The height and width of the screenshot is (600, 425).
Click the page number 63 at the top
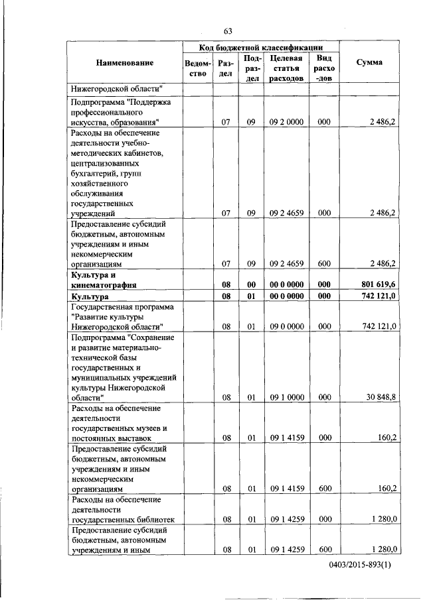pyautogui.click(x=227, y=31)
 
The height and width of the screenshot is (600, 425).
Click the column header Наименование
pyautogui.click(x=125, y=63)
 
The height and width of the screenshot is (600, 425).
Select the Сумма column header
pyautogui.click(x=369, y=63)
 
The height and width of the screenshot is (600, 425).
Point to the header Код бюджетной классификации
pyautogui.click(x=261, y=48)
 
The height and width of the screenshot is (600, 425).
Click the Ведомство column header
pyautogui.click(x=198, y=68)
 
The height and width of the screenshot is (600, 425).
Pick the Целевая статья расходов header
pyautogui.click(x=287, y=68)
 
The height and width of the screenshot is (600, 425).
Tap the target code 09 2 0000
pyautogui.click(x=287, y=122)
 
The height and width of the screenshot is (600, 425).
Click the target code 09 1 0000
pyautogui.click(x=287, y=397)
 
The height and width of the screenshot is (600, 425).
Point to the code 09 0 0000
pyautogui.click(x=287, y=326)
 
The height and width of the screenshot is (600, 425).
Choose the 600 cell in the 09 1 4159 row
pyautogui.click(x=324, y=488)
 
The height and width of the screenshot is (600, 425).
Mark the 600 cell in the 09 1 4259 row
pyautogui.click(x=324, y=549)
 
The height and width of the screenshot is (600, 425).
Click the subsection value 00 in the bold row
pyautogui.click(x=252, y=284)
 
